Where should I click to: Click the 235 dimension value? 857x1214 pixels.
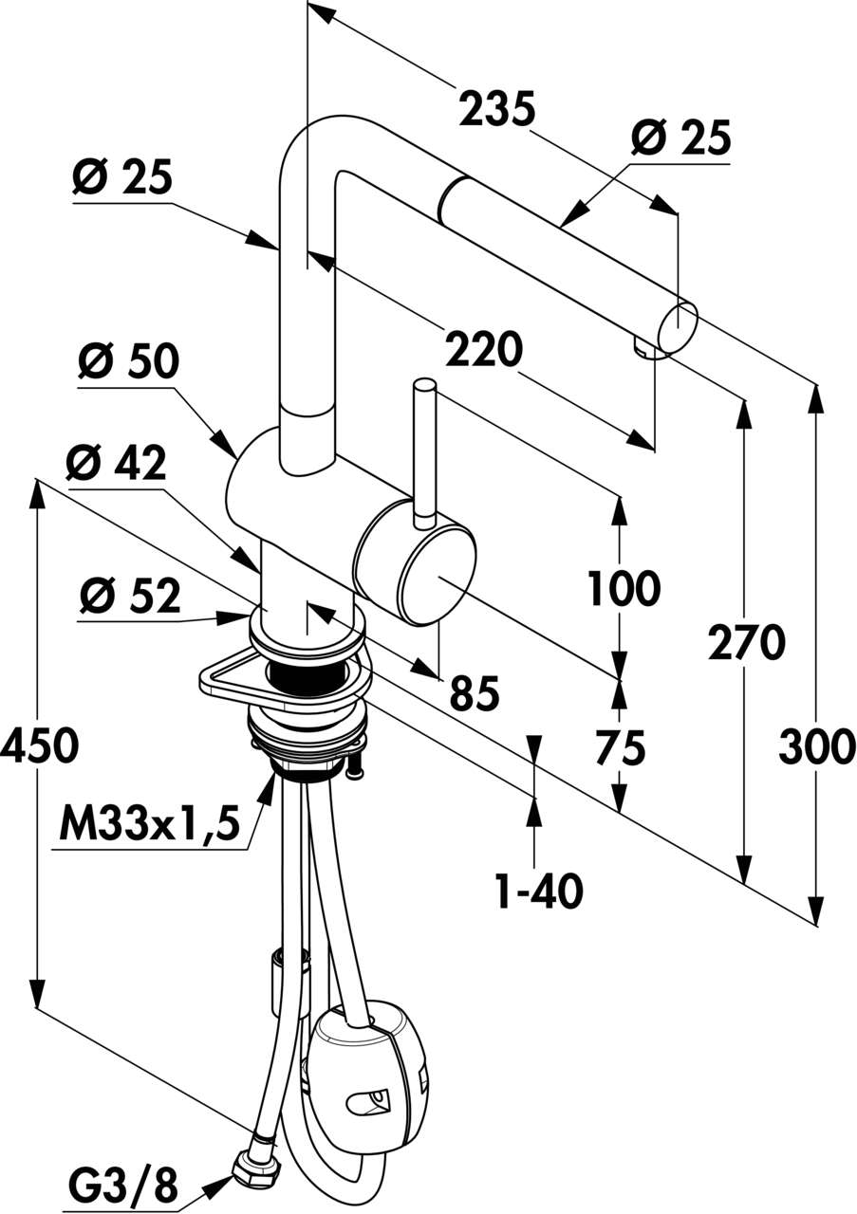[497, 110]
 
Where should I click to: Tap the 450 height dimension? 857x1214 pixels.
[39, 746]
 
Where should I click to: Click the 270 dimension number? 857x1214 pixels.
[746, 644]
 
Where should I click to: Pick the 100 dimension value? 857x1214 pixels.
[623, 589]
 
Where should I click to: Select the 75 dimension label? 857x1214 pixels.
[621, 747]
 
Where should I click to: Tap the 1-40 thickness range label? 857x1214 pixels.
[538, 891]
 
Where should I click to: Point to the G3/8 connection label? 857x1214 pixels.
[123, 1183]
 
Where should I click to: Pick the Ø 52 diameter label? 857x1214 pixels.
[130, 597]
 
